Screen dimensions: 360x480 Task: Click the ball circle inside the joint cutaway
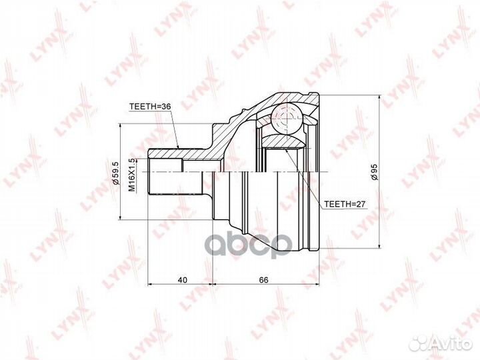[287, 120]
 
